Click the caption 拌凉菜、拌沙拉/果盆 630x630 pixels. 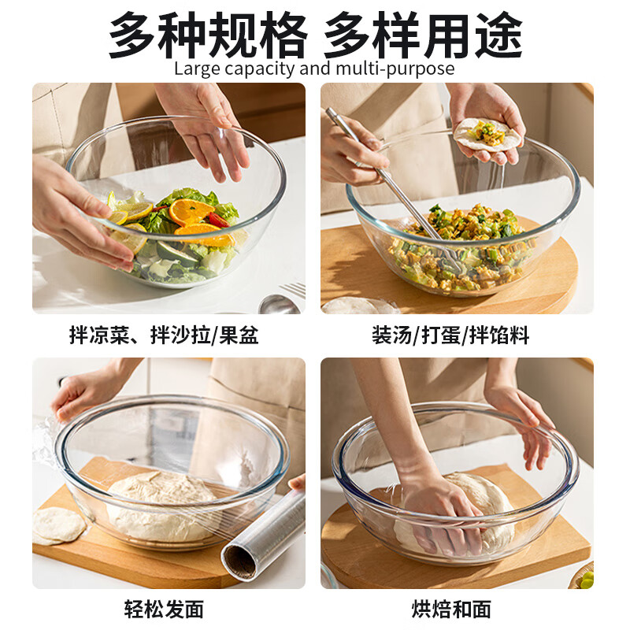164,336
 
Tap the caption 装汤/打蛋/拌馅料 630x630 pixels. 450,336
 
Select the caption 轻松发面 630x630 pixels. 164,609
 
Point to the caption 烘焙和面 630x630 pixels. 451,609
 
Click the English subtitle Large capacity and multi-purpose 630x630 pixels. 314,69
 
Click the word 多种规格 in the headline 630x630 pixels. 206,33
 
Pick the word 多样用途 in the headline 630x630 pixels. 422,33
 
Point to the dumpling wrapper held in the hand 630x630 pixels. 488,134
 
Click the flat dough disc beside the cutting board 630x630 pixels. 57,525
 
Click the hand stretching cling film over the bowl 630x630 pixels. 87,390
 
